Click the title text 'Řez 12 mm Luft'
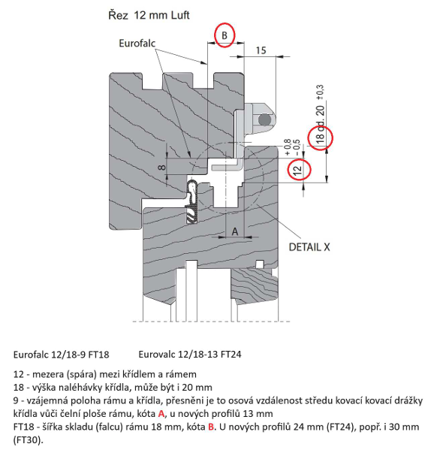click(x=149, y=15)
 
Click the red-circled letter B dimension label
click(x=225, y=35)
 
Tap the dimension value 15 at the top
click(x=261, y=50)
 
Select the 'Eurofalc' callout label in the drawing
click(x=137, y=44)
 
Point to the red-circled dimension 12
click(x=298, y=169)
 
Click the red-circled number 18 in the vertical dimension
click(x=321, y=137)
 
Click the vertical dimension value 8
click(x=163, y=168)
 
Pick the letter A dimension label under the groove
click(x=235, y=231)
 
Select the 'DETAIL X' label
click(x=309, y=247)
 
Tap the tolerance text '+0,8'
click(x=288, y=147)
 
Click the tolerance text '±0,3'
click(x=321, y=92)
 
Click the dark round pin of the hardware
click(x=264, y=119)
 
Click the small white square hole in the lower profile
click(x=260, y=264)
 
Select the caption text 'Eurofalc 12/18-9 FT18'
click(x=62, y=355)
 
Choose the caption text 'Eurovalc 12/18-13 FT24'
click(x=190, y=354)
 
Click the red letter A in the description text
click(x=161, y=414)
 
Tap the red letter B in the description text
click(x=211, y=427)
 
